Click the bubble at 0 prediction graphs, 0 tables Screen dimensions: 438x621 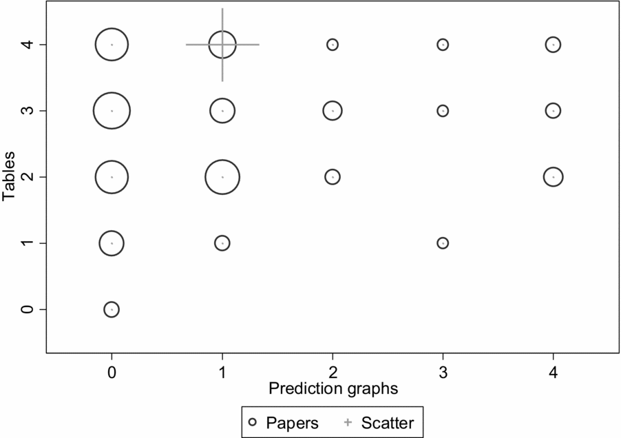[112, 309]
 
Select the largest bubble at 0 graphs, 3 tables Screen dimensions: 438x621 [112, 110]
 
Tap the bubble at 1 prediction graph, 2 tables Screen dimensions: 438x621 [222, 177]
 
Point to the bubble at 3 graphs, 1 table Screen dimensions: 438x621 [443, 243]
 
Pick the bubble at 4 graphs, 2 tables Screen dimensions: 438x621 [553, 177]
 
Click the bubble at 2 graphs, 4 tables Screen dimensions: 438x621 [333, 45]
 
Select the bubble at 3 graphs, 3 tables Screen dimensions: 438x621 [443, 110]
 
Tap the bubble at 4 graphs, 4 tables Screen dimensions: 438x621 [553, 45]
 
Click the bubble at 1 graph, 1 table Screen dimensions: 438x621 [222, 243]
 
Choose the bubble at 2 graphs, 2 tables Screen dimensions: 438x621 [333, 177]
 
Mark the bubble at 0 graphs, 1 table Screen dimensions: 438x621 [112, 243]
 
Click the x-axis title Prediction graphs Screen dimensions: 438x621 [333, 388]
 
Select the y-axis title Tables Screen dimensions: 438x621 [9, 177]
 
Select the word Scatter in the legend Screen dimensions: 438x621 [388, 421]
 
